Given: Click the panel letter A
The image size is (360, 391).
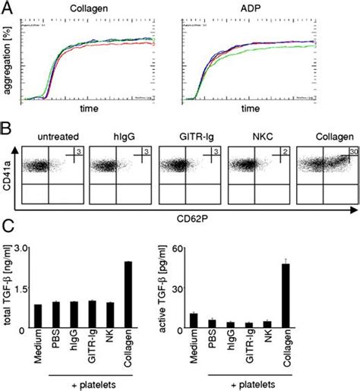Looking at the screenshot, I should tap(8, 8).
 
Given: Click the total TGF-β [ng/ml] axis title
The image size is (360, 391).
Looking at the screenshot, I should tap(9, 289).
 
